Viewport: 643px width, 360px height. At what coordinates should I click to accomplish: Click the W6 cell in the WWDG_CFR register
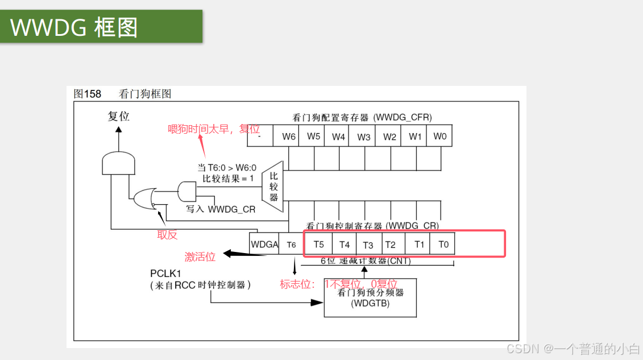tap(288, 136)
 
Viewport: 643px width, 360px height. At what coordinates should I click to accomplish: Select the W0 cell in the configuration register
tap(440, 136)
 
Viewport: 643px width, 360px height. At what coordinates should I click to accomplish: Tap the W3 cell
tap(364, 136)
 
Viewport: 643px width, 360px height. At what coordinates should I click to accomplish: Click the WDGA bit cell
tap(264, 245)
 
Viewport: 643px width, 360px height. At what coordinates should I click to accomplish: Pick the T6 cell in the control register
tap(291, 245)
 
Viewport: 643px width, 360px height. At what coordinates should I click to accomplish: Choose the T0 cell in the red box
tap(443, 245)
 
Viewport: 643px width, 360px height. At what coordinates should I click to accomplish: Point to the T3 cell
tap(368, 245)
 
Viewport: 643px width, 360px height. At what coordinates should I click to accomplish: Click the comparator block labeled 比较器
tap(273, 186)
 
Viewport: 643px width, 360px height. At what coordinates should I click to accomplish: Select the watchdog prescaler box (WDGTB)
tap(370, 298)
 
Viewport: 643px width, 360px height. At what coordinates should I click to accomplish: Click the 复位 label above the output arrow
tap(119, 116)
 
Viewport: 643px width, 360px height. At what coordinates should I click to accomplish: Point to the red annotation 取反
tap(167, 235)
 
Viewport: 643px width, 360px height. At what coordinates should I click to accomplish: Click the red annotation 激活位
tap(200, 257)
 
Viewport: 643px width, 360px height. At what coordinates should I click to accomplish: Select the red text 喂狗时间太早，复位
tap(213, 129)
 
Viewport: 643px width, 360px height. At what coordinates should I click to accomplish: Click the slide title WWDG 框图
tap(74, 27)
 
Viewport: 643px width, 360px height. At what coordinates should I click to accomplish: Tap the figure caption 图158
tap(87, 94)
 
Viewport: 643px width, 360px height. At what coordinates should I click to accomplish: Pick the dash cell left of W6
tap(259, 136)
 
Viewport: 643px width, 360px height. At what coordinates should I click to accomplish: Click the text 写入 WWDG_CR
tap(221, 209)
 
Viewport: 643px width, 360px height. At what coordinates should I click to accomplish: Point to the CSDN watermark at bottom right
tap(573, 348)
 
